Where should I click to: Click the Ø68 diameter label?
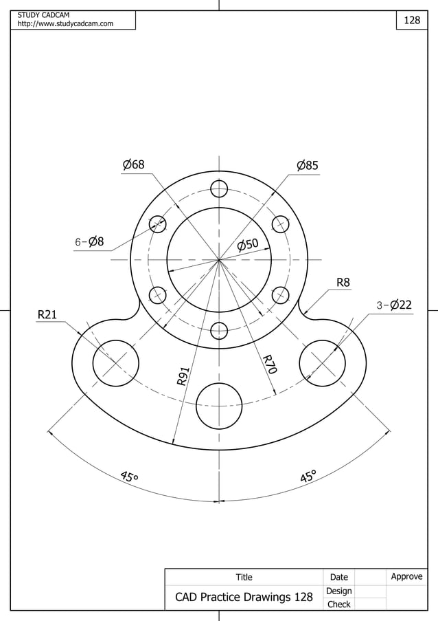coord(133,165)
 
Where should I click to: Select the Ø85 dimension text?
coord(308,166)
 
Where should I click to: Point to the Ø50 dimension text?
coord(248,244)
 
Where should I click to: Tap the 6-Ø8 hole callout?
coord(89,241)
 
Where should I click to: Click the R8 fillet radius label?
coord(343,282)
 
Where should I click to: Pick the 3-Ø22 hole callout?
coord(393,305)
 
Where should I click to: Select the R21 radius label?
coord(47,315)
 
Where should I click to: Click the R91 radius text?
coord(183,375)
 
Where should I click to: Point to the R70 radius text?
coord(269,364)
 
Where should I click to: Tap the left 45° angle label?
coord(129,477)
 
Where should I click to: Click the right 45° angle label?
coord(308,477)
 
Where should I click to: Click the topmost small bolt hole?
coord(219,188)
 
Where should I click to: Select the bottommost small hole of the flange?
coord(219,331)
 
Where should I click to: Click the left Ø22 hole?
coord(116,362)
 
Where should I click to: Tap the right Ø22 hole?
coord(322,362)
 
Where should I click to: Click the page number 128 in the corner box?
coord(412,21)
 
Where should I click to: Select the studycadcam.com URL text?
coord(65,24)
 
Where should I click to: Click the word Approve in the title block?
coord(406,576)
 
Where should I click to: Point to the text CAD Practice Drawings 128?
coord(244,597)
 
